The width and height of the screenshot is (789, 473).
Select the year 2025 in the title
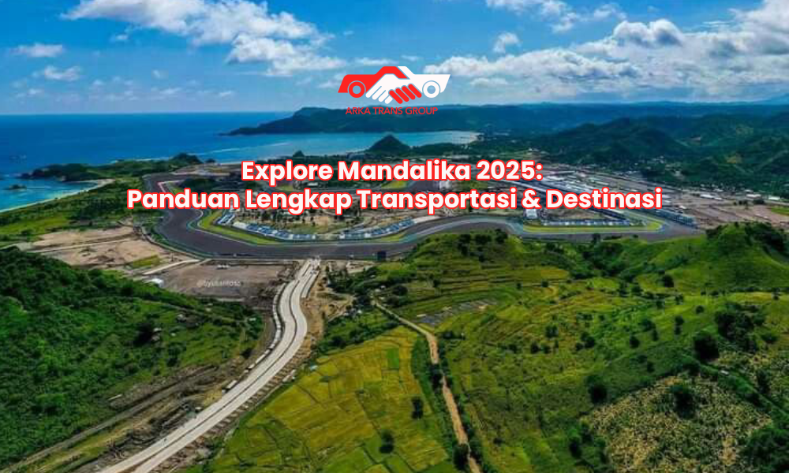coord(510,171)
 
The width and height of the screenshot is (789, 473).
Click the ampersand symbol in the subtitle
coord(531,199)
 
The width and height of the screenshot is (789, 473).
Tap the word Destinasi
coord(604,199)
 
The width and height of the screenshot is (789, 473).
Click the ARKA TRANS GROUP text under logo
coord(391,111)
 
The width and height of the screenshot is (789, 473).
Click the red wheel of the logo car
coord(357,90)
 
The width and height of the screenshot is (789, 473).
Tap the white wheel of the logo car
coord(432,89)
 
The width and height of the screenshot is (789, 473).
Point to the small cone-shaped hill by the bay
coord(388,144)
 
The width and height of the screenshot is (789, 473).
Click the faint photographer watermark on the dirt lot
coord(219,284)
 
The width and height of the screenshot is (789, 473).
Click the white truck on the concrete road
coord(230,385)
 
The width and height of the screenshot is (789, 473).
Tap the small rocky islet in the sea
coord(15,187)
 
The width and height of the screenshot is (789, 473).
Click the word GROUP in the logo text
coord(421,111)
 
